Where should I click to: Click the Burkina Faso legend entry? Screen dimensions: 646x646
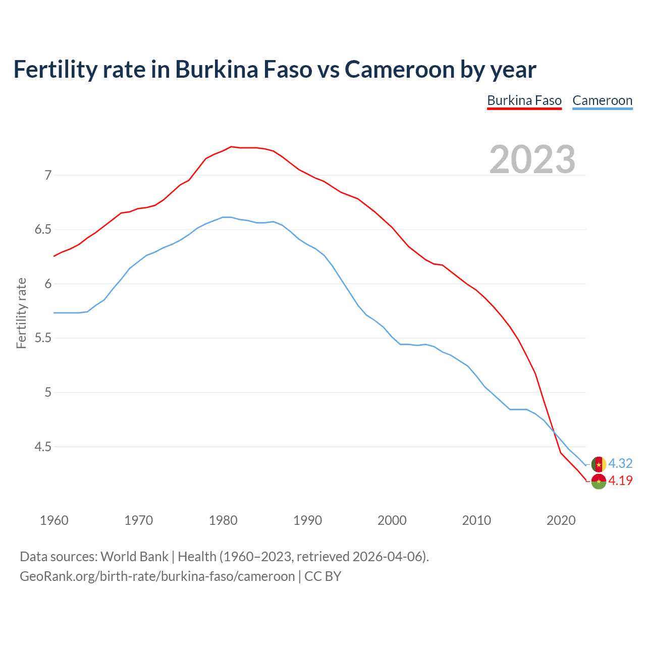point(524,100)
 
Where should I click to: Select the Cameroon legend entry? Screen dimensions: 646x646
point(602,100)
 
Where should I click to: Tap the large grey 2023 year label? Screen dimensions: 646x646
point(532,159)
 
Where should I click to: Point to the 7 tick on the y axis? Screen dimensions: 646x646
point(48,175)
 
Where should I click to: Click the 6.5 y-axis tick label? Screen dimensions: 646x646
point(43,230)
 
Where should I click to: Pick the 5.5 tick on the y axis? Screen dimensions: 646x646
point(43,338)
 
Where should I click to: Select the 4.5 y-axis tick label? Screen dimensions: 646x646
point(43,447)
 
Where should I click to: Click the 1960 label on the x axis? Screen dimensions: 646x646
point(54,520)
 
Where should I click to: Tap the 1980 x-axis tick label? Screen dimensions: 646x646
point(223,520)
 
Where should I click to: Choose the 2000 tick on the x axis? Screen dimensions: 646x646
point(392,520)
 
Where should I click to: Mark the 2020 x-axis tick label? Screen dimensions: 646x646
point(561,520)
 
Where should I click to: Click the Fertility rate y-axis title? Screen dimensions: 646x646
point(21,313)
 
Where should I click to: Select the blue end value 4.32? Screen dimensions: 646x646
point(620,463)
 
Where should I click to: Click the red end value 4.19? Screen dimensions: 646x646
point(620,480)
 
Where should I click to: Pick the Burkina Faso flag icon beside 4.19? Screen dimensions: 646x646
point(599,481)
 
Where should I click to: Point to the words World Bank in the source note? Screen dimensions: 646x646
point(134,557)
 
